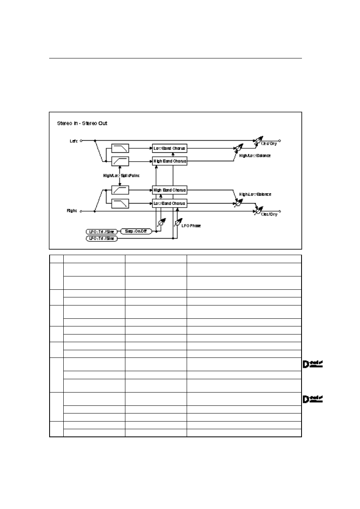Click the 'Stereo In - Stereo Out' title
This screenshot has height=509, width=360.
click(82, 123)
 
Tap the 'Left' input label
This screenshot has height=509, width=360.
click(74, 141)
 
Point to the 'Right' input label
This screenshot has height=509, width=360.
click(73, 211)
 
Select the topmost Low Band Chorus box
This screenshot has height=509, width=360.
click(170, 148)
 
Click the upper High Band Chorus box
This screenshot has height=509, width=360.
click(170, 161)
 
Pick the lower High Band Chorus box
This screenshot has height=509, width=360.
click(170, 189)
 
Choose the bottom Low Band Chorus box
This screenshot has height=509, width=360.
click(170, 204)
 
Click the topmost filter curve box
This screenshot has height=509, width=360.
click(121, 148)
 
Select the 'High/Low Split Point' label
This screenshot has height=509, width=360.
click(121, 176)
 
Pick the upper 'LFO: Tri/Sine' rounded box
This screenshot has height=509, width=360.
click(102, 232)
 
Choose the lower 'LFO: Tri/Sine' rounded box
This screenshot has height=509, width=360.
click(102, 239)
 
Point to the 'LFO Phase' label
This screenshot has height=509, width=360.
click(191, 226)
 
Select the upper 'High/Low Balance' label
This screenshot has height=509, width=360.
click(255, 156)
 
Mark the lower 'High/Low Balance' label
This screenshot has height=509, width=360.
click(255, 194)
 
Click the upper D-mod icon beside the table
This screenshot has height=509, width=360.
click(312, 365)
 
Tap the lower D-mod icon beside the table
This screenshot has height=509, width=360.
click(312, 399)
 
